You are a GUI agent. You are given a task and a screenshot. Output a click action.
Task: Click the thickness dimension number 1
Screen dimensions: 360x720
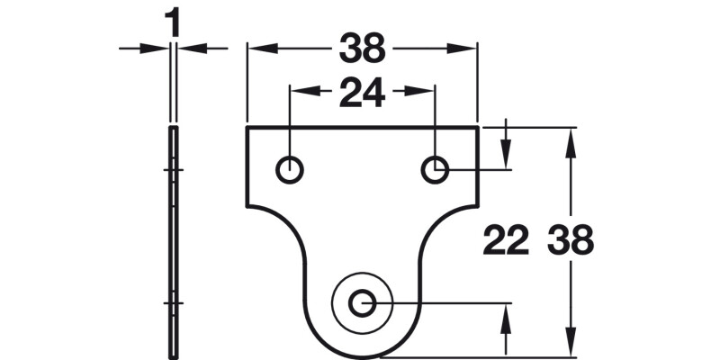pos(173,23)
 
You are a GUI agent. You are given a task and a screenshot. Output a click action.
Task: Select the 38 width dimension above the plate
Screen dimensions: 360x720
pos(362,49)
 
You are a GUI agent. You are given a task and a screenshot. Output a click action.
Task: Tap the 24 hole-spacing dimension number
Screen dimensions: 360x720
pos(362,92)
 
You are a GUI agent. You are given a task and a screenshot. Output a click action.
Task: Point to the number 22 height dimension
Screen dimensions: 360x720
pos(506,241)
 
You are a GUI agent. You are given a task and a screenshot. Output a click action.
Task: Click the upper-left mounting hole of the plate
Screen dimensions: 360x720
pos(289,168)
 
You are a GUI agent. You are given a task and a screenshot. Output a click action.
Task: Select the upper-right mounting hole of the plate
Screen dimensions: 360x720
pos(436,168)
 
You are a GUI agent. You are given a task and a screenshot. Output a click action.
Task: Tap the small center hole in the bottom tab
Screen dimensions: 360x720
pos(363,303)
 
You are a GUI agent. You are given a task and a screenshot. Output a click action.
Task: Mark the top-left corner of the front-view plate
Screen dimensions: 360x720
pos(247,128)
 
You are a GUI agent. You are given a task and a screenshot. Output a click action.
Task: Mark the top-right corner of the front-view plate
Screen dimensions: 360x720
pos(478,128)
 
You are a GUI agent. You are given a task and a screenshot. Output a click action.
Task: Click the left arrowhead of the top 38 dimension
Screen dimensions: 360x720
pos(256,49)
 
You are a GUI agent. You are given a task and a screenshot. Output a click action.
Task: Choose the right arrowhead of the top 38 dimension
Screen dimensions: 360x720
pos(468,49)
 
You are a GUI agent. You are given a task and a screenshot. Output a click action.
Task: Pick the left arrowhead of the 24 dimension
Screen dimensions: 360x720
pos(298,90)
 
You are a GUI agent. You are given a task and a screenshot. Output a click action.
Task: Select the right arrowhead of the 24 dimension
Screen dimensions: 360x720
pos(427,90)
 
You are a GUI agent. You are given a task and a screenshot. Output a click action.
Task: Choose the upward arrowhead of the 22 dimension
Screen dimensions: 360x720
pos(507,312)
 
